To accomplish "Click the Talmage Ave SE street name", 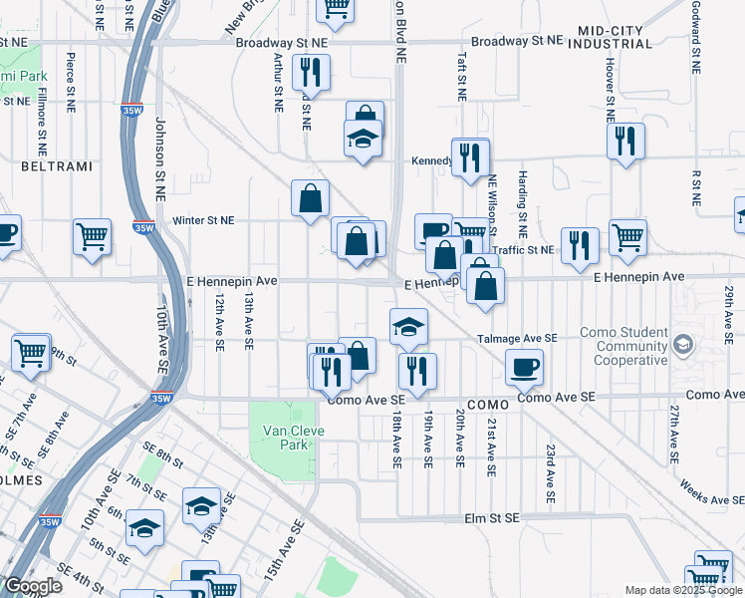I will pyautogui.click(x=516, y=339).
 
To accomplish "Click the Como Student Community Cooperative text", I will pyautogui.click(x=624, y=347).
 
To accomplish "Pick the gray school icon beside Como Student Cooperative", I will pyautogui.click(x=683, y=345).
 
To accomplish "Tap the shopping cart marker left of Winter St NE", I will pyautogui.click(x=92, y=237).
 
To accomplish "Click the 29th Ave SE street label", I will pyautogui.click(x=729, y=309).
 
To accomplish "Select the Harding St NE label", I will pyautogui.click(x=522, y=195).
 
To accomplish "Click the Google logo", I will pyautogui.click(x=33, y=586).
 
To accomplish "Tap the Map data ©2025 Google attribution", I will pyautogui.click(x=682, y=590).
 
